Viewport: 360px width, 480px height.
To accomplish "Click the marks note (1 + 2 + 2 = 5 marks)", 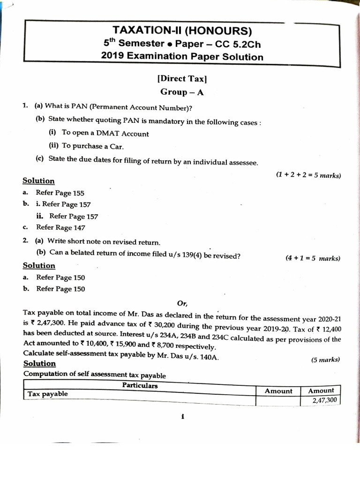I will pyautogui.click(x=308, y=175).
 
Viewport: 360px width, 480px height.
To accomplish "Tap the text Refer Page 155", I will pyautogui.click(x=60, y=193).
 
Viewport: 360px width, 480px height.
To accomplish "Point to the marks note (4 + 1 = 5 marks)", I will pyautogui.click(x=313, y=258).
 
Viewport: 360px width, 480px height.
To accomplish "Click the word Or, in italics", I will pyautogui.click(x=182, y=303).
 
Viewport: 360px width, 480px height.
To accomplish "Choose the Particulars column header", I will pyautogui.click(x=140, y=386).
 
